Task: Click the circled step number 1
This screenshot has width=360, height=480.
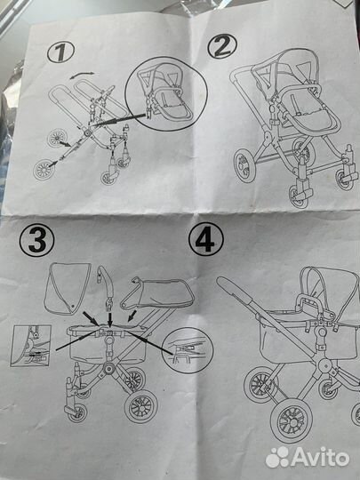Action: point(60,52)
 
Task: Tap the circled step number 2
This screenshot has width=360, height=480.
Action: point(222,46)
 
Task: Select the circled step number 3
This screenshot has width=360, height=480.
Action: point(36,240)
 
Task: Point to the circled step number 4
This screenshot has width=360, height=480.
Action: point(205,239)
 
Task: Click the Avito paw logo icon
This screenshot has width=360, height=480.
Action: point(277,458)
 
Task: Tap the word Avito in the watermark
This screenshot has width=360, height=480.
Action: point(320,458)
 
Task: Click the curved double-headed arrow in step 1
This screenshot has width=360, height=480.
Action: point(82,75)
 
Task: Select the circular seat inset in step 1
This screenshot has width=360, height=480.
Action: point(166,93)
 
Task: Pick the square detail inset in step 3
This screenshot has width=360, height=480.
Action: point(30,346)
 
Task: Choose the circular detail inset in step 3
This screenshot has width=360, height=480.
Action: point(188,350)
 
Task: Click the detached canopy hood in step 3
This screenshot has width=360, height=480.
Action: point(67,288)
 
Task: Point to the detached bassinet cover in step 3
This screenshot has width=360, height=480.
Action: point(157,293)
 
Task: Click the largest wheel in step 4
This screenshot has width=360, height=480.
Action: point(292,420)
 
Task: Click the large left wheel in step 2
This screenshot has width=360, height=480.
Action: point(244,165)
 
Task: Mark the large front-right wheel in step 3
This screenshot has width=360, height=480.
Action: point(140,406)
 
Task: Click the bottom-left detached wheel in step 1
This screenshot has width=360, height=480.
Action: point(44,170)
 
